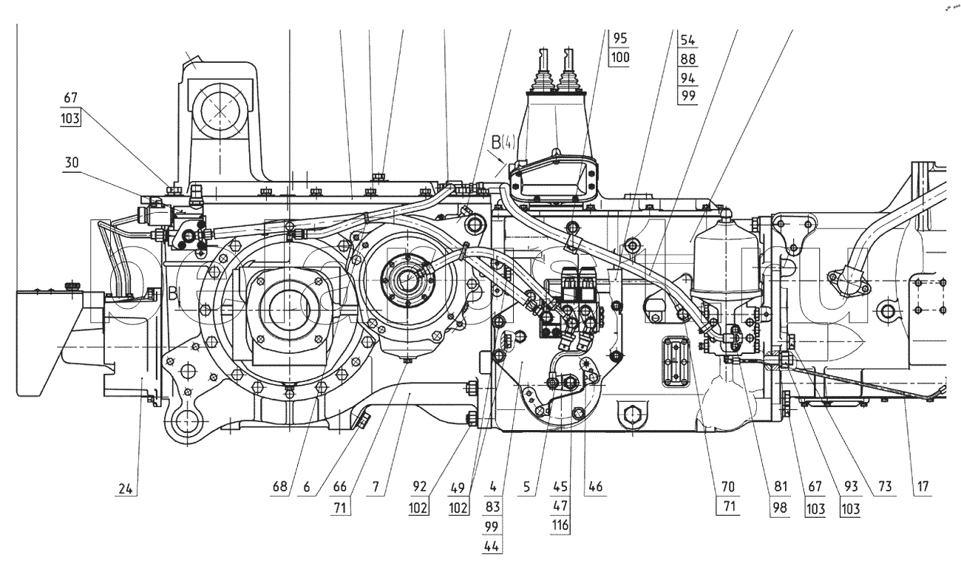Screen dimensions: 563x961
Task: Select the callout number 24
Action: [128, 488]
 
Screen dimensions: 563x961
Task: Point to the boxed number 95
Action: [619, 38]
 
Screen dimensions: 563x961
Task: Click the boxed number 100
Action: [619, 58]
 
